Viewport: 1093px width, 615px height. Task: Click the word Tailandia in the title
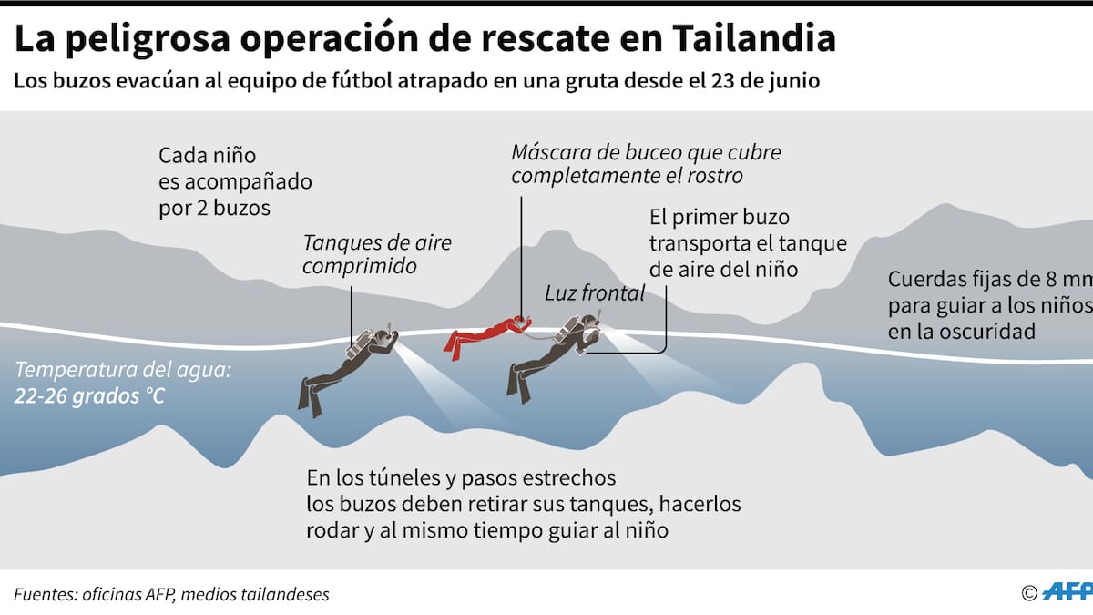point(755,38)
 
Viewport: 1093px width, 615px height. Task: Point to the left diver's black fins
point(310,395)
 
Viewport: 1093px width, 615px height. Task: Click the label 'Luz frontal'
point(595,292)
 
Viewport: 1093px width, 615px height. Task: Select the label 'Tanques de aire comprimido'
point(377,254)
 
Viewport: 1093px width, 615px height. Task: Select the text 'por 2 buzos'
point(214,207)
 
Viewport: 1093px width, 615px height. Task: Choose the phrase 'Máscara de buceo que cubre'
point(646,152)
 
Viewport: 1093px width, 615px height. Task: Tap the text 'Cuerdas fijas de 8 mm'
point(989,280)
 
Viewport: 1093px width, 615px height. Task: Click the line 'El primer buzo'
point(719,218)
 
